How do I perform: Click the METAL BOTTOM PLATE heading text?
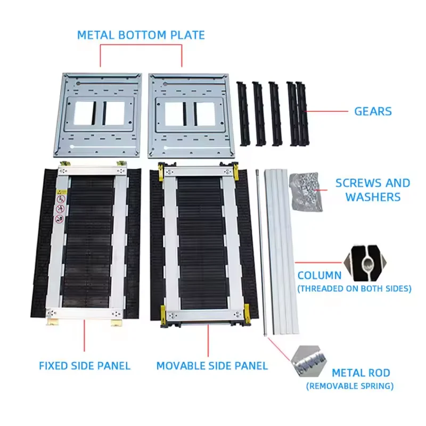141,35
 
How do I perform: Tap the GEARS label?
373,111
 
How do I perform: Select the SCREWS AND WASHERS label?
373,190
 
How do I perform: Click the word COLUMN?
319,276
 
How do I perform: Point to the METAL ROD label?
361,373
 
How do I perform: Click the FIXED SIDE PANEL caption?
85,366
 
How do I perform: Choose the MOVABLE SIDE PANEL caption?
212,366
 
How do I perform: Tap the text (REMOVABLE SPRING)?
350,386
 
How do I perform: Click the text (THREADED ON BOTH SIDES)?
355,289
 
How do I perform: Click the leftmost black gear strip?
244,113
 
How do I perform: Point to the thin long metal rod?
260,250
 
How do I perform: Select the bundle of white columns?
281,250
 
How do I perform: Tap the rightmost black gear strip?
302,114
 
